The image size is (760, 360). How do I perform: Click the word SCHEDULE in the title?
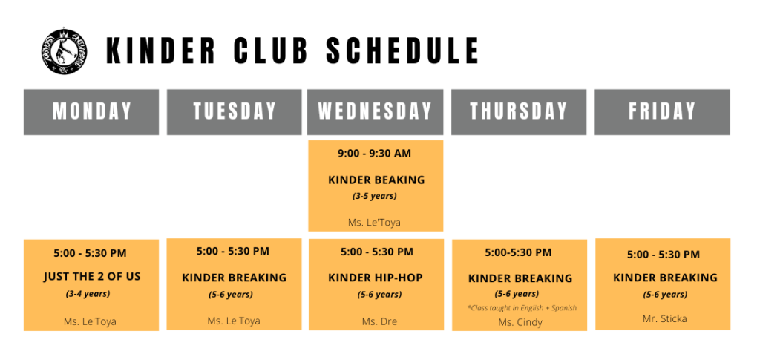[x=403, y=51]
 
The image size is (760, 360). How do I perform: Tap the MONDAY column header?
[x=91, y=112]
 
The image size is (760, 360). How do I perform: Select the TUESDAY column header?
[x=234, y=112]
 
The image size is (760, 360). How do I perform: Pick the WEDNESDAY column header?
[x=375, y=112]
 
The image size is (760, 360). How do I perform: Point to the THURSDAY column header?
[x=519, y=112]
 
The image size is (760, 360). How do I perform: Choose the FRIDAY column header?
[x=662, y=112]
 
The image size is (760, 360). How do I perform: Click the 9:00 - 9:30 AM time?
[x=374, y=154]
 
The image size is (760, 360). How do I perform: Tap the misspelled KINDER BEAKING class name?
[x=376, y=180]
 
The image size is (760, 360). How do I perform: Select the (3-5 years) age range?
[x=375, y=196]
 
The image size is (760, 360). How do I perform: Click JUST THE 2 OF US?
[x=91, y=277]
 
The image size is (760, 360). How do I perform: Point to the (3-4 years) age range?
[x=88, y=294]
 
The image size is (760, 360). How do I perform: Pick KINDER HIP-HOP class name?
[x=375, y=278]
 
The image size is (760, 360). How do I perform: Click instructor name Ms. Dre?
[x=379, y=321]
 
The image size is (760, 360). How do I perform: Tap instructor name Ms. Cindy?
[x=520, y=322]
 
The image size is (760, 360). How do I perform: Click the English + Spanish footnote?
[x=522, y=308]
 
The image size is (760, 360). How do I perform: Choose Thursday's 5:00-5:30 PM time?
[x=518, y=252]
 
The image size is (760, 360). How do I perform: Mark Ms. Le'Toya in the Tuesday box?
[x=234, y=321]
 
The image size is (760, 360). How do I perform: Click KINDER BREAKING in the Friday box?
[x=665, y=278]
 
